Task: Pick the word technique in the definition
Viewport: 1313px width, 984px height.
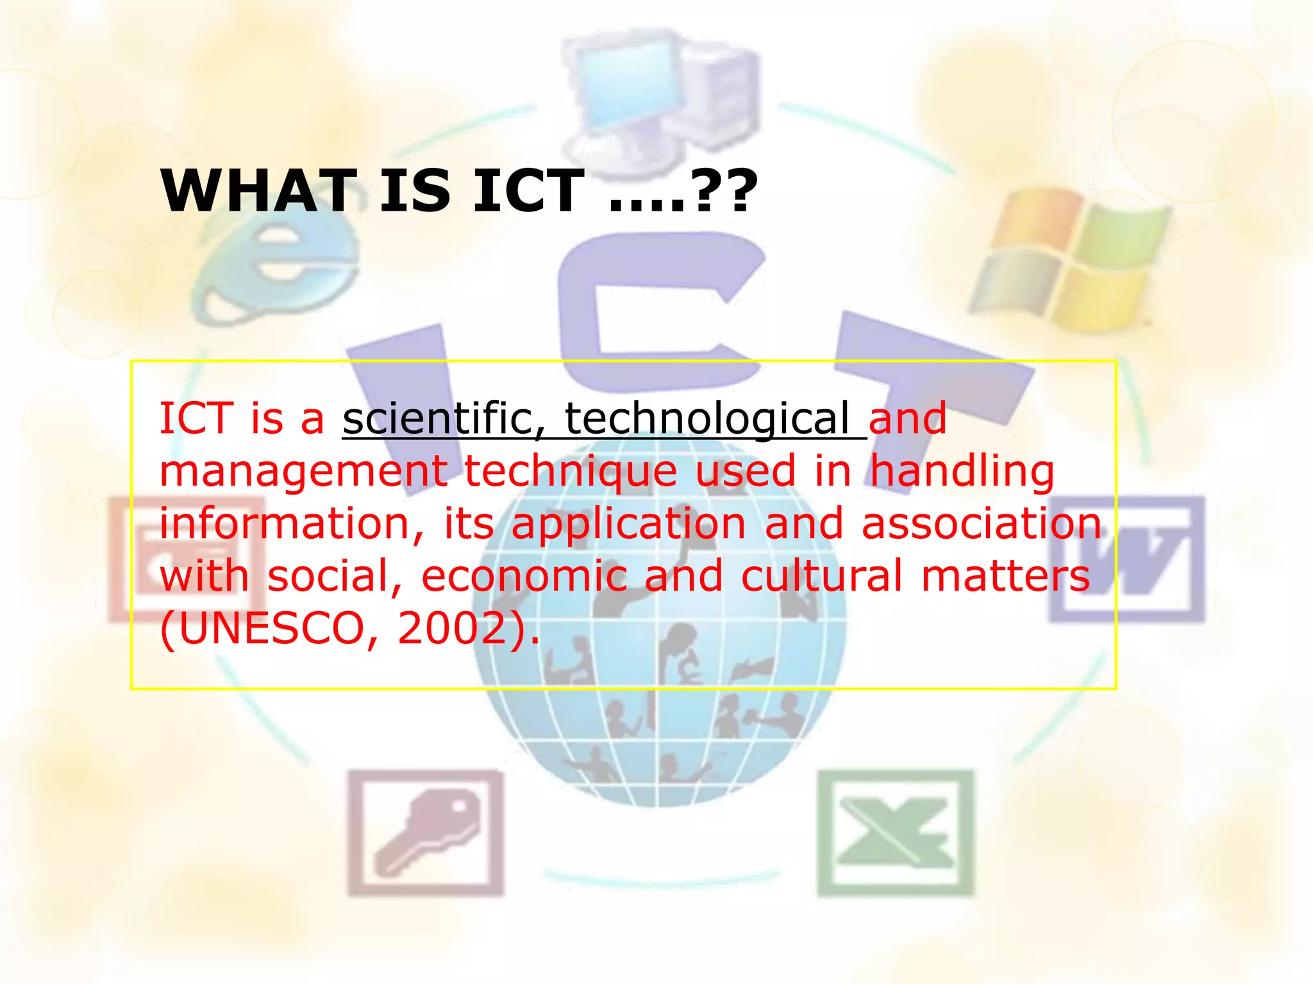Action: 571,472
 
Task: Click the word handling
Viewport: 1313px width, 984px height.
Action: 962,472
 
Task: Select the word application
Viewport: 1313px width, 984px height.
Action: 629,524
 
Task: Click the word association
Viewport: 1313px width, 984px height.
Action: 981,524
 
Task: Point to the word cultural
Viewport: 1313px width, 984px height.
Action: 821,576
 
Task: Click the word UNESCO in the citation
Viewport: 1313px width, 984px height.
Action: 270,628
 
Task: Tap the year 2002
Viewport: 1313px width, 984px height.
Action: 453,628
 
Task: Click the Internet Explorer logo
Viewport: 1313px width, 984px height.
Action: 276,269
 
